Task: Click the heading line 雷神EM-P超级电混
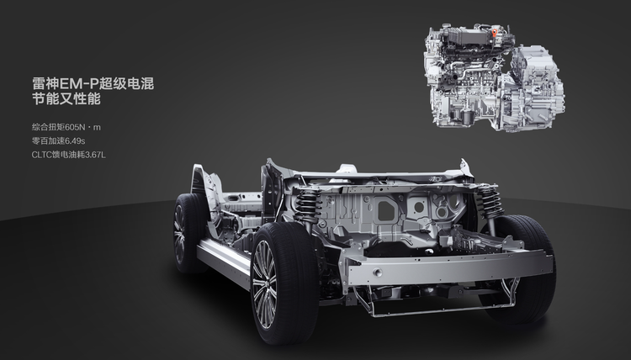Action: coord(93,83)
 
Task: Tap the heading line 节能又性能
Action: coord(66,99)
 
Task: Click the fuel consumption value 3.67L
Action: coord(95,155)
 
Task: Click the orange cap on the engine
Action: coord(494,33)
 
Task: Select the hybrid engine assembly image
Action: coord(494,77)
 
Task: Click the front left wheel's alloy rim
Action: coord(264,284)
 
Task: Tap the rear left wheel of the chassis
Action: coord(188,233)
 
